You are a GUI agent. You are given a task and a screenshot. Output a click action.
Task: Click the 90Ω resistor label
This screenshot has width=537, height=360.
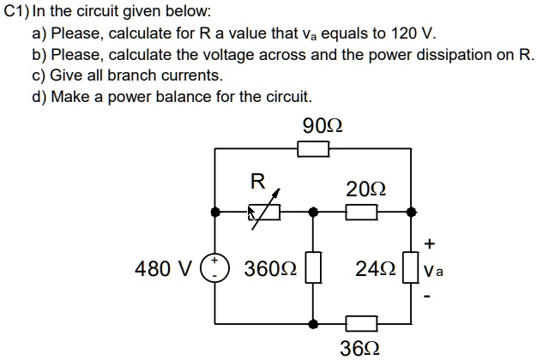[x=323, y=127]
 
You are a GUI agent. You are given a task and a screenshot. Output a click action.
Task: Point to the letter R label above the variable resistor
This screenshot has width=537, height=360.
[x=256, y=181]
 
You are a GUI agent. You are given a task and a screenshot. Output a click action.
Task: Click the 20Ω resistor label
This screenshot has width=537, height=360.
[x=365, y=188]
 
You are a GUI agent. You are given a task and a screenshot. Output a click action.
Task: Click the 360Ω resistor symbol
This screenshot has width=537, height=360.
[x=314, y=268]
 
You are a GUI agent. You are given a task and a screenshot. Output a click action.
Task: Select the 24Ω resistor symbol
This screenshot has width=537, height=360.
[x=413, y=268]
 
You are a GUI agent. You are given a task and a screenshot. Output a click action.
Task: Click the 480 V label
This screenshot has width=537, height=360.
[x=164, y=269]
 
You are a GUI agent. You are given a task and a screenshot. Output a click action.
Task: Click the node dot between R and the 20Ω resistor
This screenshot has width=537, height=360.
[x=314, y=211]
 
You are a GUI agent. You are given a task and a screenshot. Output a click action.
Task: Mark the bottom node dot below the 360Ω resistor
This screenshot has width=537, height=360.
[x=314, y=324]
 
